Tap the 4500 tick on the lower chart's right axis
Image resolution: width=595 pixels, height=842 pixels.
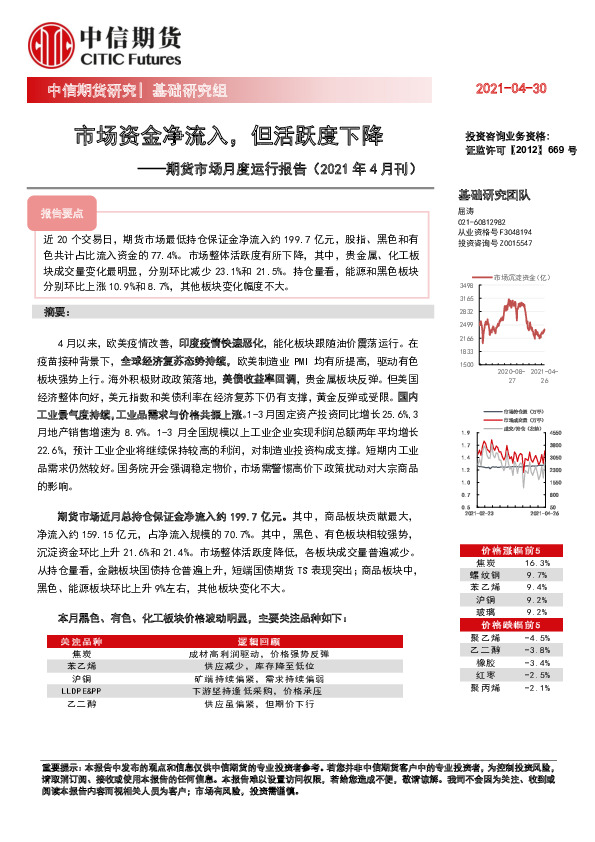coord(557,432)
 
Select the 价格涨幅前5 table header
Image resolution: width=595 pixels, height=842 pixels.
coord(510,550)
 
